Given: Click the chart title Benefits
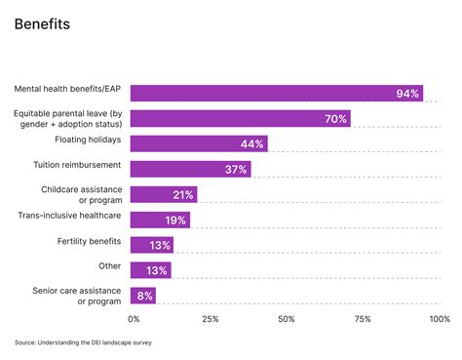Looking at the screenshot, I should [42, 24].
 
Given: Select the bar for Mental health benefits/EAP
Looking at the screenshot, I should [276, 93].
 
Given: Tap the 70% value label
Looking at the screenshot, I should [336, 119].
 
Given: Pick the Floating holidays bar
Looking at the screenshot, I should [199, 143].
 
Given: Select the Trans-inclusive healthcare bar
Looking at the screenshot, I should [160, 220].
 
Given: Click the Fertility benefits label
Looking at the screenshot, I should [88, 240].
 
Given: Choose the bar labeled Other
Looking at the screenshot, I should [150, 270].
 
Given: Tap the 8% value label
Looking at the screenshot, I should [145, 296].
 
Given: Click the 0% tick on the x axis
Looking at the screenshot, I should [135, 319].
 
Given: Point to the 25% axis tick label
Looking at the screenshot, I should [210, 319].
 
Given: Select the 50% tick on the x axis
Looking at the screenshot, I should [286, 319].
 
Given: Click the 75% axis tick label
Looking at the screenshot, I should [362, 319].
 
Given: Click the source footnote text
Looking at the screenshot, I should [83, 342].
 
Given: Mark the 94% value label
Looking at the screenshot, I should [407, 94].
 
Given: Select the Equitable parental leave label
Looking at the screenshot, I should [71, 119].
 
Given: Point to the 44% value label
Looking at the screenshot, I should [252, 144].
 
